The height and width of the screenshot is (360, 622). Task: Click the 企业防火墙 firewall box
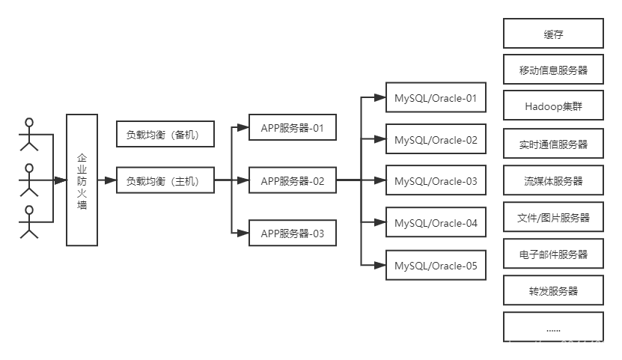82,180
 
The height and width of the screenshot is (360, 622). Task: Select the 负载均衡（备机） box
165,134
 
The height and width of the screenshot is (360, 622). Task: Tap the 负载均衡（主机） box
165,180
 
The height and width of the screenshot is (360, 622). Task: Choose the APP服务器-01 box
293,127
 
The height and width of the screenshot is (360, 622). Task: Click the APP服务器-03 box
293,233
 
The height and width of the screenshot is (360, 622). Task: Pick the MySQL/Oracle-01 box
436,97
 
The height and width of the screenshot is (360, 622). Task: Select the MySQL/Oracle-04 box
436,222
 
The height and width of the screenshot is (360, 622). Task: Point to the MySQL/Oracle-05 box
436,265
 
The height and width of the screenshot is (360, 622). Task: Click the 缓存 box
553,33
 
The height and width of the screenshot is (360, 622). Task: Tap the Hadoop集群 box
553,105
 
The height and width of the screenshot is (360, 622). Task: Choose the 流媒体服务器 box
553,180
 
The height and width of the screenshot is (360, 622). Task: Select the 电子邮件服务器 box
553,254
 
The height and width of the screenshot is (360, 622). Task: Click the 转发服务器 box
553,290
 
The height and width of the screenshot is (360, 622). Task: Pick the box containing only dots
553,327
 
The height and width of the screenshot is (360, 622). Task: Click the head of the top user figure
29,122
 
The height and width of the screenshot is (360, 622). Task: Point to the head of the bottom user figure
29,210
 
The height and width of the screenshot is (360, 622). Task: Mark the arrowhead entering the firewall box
61,180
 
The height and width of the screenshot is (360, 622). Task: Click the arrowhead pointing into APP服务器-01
243,128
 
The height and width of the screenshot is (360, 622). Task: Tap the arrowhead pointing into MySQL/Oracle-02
379,139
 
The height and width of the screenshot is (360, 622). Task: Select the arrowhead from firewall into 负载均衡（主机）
111,180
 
